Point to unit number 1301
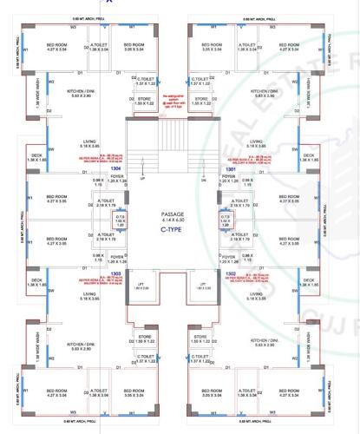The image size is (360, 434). pyautogui.click(x=231, y=170)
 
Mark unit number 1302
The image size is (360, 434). pyautogui.click(x=232, y=273)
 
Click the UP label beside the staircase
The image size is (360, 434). pyautogui.click(x=142, y=180)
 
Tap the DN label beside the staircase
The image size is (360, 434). pyautogui.click(x=202, y=180)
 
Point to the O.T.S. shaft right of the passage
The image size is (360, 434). pyautogui.click(x=225, y=221)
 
